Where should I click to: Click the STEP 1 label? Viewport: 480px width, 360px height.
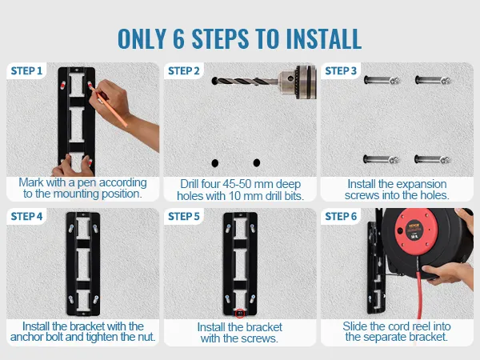click(26, 71)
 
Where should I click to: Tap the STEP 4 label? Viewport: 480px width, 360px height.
click(26, 217)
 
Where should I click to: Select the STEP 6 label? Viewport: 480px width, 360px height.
click(341, 217)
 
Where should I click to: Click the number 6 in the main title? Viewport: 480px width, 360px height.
click(178, 39)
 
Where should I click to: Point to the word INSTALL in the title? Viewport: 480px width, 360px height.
click(324, 39)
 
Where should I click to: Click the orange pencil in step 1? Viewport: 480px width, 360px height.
click(108, 105)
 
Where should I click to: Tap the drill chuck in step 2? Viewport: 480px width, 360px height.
click(297, 82)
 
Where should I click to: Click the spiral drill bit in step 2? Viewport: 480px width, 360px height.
click(245, 82)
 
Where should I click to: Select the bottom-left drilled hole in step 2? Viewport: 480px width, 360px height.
click(215, 163)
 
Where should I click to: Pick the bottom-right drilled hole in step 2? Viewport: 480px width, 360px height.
click(257, 162)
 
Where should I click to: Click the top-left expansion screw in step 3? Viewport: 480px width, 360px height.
click(382, 81)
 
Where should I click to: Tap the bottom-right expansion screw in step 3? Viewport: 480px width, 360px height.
click(433, 159)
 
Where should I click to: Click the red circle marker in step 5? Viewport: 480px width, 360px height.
click(240, 314)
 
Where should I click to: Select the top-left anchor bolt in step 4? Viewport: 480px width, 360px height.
click(71, 228)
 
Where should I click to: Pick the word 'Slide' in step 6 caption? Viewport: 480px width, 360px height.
click(355, 326)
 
